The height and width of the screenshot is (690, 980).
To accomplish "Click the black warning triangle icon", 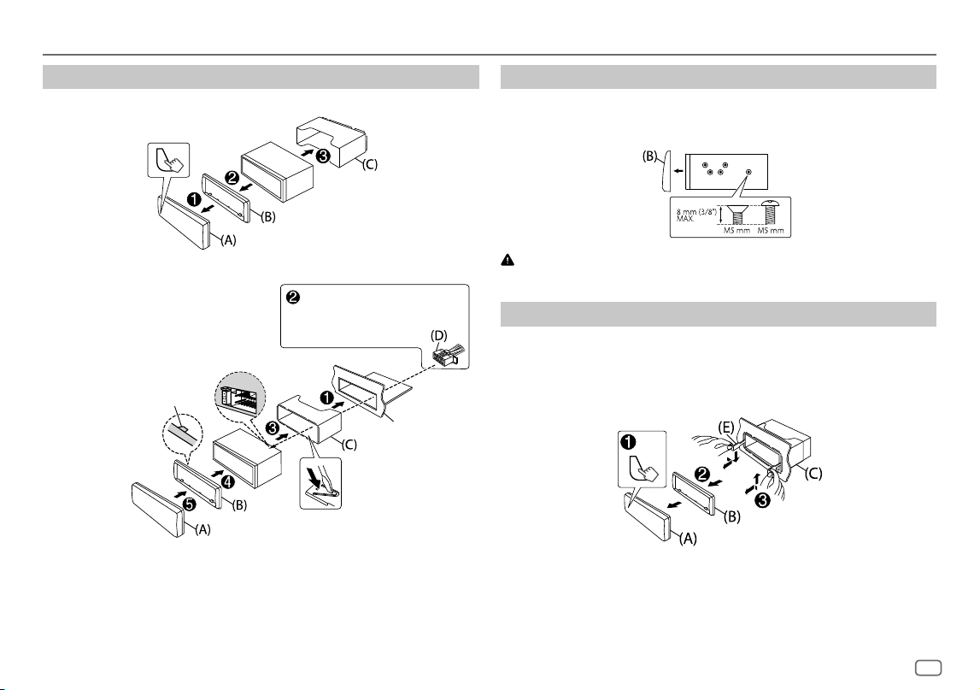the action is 508,260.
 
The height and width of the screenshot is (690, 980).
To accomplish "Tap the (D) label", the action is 439,336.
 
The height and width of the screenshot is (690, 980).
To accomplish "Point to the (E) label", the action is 725,428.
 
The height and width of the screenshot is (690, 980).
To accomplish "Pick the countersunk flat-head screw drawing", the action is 736,215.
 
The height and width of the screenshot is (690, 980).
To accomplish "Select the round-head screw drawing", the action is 769,213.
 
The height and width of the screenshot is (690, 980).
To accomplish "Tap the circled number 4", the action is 228,482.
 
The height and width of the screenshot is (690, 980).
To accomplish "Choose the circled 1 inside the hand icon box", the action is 628,442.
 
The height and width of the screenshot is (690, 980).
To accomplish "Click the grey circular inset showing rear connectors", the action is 240,398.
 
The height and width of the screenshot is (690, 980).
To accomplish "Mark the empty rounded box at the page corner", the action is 928,668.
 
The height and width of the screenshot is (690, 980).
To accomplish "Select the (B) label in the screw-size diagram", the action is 651,156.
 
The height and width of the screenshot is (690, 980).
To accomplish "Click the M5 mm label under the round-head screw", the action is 771,231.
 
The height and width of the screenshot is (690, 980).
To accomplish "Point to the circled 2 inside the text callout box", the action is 292,298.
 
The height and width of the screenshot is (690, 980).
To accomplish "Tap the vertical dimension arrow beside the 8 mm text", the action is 721,215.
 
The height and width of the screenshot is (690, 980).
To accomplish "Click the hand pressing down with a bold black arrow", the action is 320,484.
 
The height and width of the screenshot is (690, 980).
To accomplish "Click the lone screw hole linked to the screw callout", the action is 748,171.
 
